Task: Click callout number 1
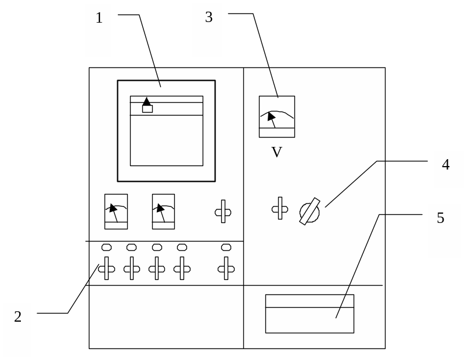(x=99, y=19)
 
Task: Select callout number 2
(x=17, y=317)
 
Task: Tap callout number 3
(x=208, y=18)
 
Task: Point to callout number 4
(x=445, y=165)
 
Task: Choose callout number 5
(x=441, y=218)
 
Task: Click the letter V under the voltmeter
(x=276, y=153)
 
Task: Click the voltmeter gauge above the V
(x=276, y=117)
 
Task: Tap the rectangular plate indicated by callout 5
(x=309, y=314)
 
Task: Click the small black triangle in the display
(x=147, y=101)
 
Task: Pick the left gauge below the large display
(x=116, y=211)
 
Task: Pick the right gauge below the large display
(x=163, y=211)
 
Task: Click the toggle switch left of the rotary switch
(x=280, y=208)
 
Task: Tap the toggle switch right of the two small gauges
(x=223, y=212)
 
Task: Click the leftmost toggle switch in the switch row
(x=106, y=268)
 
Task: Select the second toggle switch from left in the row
(x=132, y=268)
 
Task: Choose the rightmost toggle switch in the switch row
(x=226, y=268)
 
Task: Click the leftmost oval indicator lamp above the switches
(x=106, y=247)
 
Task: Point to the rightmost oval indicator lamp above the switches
(x=226, y=247)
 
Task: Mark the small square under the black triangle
(x=147, y=109)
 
